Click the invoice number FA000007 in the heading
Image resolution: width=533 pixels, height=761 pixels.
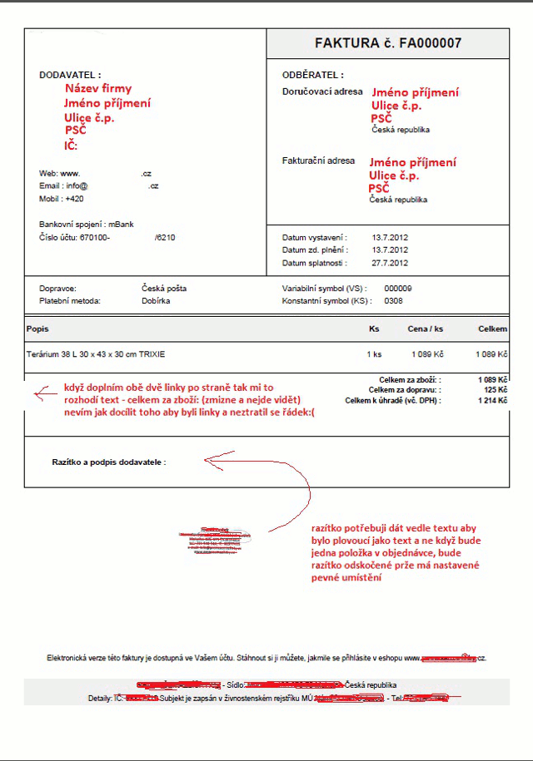431,43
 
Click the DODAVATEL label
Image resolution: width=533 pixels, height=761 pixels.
70,75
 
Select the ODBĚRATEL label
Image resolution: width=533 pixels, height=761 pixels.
313,75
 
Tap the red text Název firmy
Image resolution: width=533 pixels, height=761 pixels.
98,88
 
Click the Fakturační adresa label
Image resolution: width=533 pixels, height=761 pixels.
319,161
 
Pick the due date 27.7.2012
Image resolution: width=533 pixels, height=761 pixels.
390,263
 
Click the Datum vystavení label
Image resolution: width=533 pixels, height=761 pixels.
315,237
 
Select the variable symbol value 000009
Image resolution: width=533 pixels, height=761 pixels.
398,288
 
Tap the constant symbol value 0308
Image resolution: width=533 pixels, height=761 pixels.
394,300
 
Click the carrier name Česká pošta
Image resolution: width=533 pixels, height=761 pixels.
164,288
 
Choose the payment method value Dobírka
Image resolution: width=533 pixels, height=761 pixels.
157,300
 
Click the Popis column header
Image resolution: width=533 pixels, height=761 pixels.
37,329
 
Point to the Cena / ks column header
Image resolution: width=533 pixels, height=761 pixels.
425,329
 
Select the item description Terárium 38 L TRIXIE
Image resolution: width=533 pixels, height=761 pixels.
96,354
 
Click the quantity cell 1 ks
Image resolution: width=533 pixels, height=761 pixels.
374,354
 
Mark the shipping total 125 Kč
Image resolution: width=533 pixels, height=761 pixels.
496,389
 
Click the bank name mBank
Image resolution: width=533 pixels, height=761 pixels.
122,224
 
